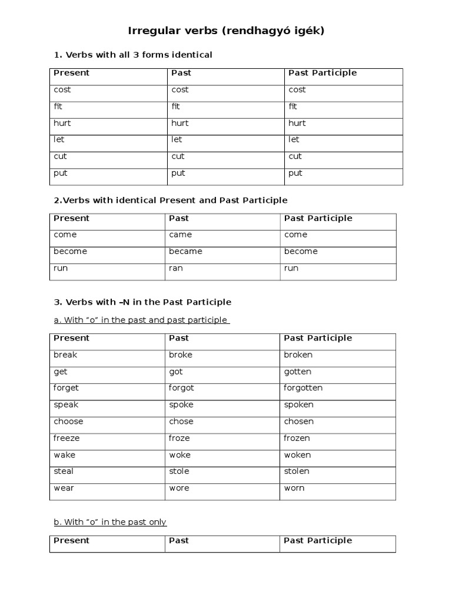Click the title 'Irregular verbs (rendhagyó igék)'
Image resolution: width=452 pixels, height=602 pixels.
tap(226, 31)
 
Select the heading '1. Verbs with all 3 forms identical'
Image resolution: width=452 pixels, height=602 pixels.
tap(133, 55)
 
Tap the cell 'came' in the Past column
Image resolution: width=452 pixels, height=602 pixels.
tap(181, 235)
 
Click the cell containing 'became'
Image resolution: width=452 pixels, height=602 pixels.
tap(185, 252)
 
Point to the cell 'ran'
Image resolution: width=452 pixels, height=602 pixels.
tap(176, 268)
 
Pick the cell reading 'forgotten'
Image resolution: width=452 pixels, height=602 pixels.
tap(303, 388)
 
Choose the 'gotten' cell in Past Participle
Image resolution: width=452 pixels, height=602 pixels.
tap(297, 372)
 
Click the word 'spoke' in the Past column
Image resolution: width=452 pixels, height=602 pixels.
tap(181, 404)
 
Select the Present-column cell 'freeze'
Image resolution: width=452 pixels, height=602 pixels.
tap(67, 438)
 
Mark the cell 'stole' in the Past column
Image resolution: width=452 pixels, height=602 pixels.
tap(179, 471)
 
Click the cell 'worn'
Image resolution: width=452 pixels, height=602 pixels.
tap(294, 488)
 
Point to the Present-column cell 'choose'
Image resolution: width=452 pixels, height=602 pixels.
tap(68, 422)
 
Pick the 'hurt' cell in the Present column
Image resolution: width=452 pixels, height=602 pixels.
tap(62, 123)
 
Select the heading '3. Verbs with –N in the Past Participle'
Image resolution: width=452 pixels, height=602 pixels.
tap(142, 302)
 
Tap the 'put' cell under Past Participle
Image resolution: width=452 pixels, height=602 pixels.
tap(295, 173)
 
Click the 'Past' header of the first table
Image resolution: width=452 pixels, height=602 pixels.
tap(181, 73)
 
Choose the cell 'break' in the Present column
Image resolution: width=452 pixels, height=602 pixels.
tap(65, 355)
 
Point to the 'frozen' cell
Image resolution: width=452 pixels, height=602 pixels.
tap(297, 438)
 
